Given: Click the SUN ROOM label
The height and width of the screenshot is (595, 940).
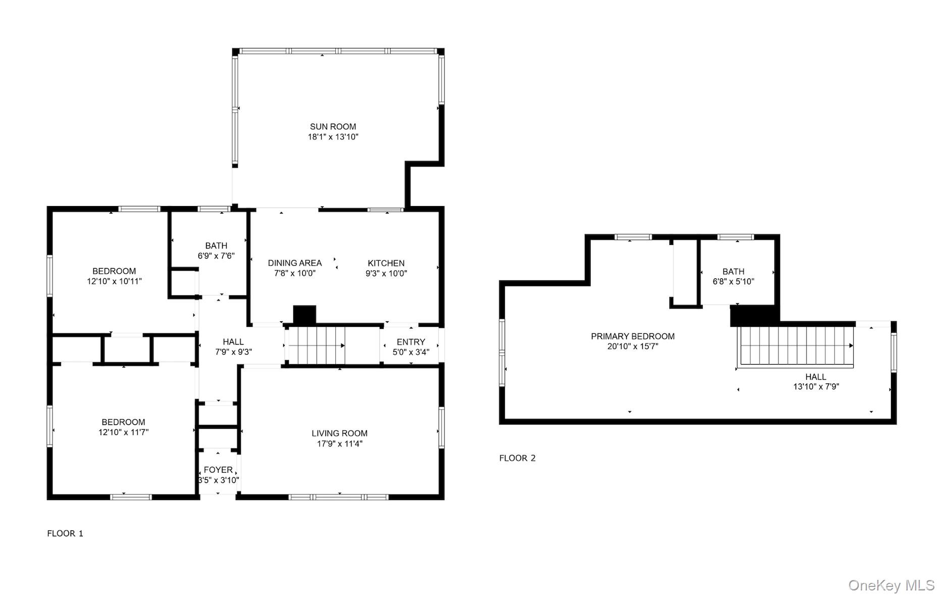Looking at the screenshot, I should (333, 127).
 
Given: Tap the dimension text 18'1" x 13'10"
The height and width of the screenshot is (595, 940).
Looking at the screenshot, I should (333, 137).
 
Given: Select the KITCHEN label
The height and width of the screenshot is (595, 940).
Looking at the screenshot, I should (386, 263).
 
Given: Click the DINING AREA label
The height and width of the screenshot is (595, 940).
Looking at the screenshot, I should (294, 263).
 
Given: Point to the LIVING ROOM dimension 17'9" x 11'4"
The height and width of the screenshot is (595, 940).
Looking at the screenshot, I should (339, 444).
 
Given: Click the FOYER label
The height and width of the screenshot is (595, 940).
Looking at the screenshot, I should (218, 470).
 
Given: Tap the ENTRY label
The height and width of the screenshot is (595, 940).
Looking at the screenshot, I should (410, 342).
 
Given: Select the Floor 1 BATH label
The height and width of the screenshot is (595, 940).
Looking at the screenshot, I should (216, 246).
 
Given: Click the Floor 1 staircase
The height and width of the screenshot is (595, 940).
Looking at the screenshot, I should (316, 345).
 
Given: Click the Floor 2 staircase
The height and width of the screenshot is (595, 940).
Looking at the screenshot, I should (796, 346).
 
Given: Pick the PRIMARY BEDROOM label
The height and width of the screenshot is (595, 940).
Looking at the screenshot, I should (633, 336).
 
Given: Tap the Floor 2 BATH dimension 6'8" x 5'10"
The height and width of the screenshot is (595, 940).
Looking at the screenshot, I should (733, 282).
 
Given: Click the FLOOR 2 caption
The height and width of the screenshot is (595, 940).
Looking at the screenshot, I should (517, 458).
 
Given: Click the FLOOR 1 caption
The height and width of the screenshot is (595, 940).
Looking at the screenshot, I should (65, 533).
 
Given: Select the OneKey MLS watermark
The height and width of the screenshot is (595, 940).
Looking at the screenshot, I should (891, 585).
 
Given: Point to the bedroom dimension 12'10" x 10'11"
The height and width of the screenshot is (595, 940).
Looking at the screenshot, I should (114, 281).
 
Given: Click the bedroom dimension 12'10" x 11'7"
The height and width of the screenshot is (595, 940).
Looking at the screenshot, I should (123, 432).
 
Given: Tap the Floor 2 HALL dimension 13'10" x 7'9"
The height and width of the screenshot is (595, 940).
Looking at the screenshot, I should (816, 387).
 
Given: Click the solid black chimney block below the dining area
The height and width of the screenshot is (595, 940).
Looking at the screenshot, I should (304, 315).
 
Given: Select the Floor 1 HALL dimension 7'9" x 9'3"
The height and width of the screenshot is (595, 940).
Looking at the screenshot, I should (233, 352).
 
